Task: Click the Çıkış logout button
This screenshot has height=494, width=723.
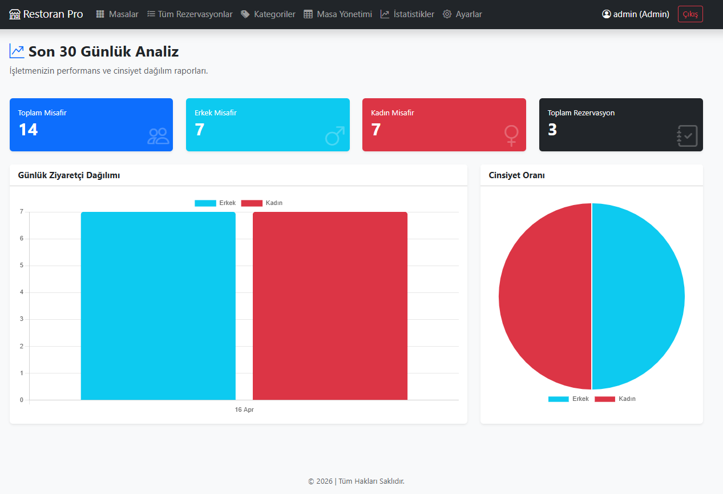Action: (690, 14)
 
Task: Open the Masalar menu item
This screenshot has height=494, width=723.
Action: (117, 14)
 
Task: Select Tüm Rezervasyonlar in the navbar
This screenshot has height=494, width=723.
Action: (190, 14)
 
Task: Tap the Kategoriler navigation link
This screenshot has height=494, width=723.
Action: (268, 14)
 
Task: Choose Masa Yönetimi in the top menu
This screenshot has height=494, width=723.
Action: (338, 14)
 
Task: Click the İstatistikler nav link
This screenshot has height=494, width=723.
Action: (407, 14)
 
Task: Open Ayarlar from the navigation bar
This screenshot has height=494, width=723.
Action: (462, 14)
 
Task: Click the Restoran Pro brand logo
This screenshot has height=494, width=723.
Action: (46, 14)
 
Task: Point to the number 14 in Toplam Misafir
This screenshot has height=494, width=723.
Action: (28, 130)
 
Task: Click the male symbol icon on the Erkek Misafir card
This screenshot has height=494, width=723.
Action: (335, 136)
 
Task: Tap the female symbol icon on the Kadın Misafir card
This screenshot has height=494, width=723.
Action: (511, 136)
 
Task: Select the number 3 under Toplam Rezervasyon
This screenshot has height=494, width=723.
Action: (552, 130)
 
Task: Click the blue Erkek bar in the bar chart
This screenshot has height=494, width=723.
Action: (158, 306)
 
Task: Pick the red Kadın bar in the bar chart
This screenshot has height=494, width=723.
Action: (330, 306)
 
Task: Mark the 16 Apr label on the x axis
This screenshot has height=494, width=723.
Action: (244, 409)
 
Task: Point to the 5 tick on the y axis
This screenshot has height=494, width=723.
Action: (22, 265)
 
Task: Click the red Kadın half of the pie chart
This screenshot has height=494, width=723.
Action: (545, 296)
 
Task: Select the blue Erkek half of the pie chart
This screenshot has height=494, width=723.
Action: (638, 296)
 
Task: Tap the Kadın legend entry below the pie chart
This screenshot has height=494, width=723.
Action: (615, 399)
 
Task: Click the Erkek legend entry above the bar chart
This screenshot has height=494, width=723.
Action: (215, 203)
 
